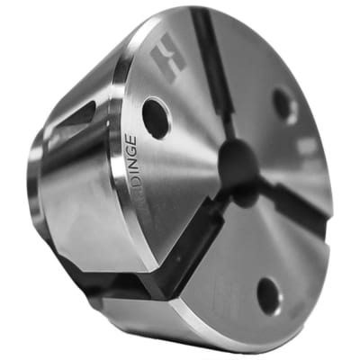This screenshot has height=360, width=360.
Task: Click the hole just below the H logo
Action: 157,118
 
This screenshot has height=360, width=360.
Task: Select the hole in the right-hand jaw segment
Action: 285,105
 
